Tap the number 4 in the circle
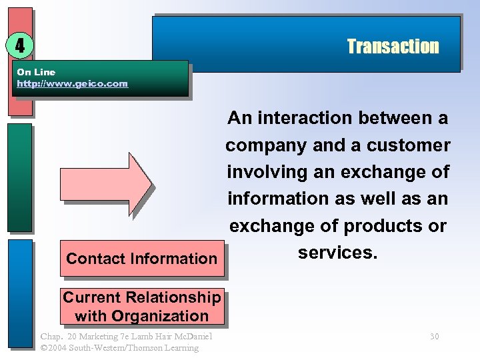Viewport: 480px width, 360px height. [x=20, y=45]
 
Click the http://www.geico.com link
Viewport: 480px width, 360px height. [x=72, y=84]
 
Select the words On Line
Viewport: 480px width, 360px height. [x=36, y=72]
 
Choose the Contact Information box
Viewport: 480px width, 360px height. [x=141, y=259]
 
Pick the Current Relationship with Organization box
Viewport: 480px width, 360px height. [x=141, y=307]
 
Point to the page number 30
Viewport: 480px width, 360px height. [x=434, y=337]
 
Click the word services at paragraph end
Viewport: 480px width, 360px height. [x=337, y=253]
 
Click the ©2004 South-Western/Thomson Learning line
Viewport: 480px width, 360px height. [x=119, y=348]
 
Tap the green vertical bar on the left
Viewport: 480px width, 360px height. [x=20, y=177]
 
